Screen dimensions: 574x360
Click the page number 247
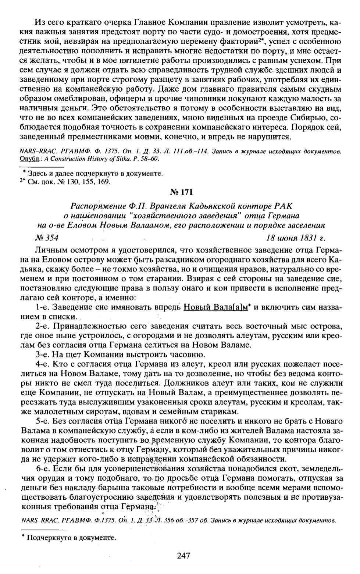[x=183, y=555]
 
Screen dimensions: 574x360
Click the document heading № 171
[x=181, y=192]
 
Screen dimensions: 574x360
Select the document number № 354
[x=46, y=237]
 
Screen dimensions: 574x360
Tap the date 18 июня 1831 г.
[x=296, y=237]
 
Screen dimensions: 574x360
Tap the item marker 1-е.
[x=43, y=307]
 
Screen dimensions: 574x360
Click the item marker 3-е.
[x=44, y=354]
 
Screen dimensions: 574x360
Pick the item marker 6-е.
[x=44, y=468]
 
